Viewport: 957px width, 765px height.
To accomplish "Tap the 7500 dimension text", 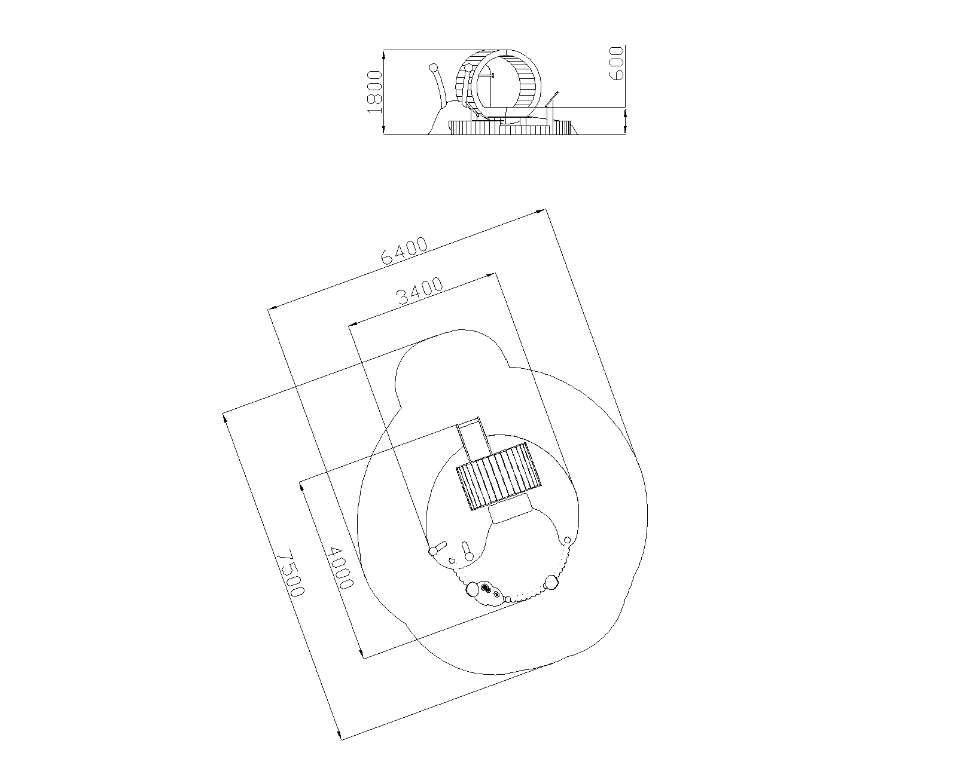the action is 291,573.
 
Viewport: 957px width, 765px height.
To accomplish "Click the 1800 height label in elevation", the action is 375,92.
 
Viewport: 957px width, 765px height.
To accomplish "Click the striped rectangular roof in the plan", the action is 498,476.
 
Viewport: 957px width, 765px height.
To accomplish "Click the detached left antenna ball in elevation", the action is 434,68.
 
